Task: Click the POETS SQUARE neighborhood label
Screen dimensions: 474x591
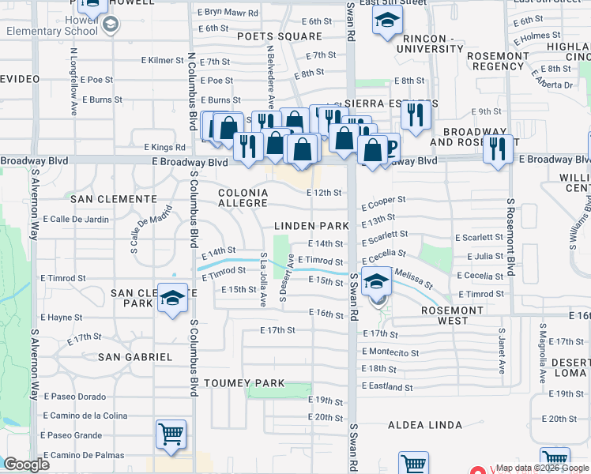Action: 281,36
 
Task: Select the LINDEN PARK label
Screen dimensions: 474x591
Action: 311,226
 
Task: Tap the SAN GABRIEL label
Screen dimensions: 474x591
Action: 135,357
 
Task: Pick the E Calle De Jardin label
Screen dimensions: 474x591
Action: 75,219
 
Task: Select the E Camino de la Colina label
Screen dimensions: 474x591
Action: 85,416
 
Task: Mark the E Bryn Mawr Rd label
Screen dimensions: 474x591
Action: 227,12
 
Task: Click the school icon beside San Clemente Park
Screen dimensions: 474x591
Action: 171,298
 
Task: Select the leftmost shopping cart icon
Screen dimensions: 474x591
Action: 171,434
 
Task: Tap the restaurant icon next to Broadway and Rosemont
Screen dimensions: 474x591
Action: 497,148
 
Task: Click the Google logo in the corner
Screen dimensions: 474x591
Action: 26,465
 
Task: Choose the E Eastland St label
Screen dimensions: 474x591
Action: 387,387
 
